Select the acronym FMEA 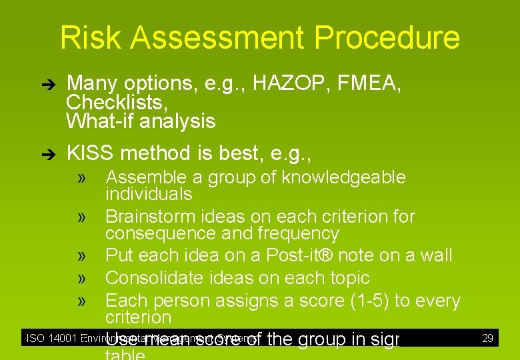(373, 83)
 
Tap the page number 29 (487, 338)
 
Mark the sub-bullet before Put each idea (83, 256)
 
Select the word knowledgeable (343, 177)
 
